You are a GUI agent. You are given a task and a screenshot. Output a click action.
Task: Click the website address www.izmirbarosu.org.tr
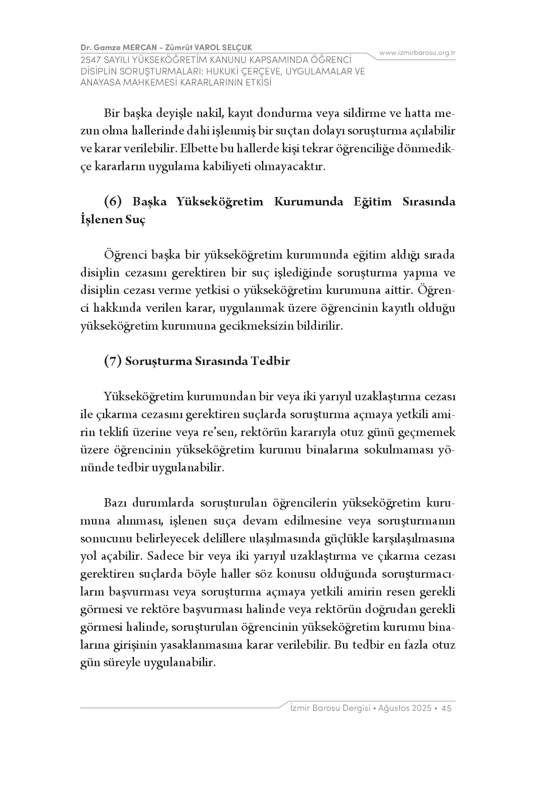point(417,53)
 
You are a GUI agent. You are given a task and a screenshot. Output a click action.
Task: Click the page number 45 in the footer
point(447,708)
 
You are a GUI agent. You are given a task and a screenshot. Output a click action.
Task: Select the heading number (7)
point(113,361)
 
